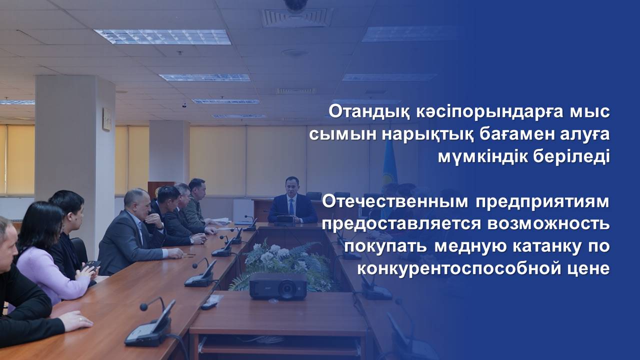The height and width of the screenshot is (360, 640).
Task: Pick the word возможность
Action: point(548,224)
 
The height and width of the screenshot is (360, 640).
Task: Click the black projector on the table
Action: point(278,286)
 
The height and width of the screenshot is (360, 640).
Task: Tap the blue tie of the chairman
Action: point(291,207)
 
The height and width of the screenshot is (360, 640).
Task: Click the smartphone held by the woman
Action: point(92,265)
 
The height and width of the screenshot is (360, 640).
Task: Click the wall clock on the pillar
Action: point(107,119)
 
